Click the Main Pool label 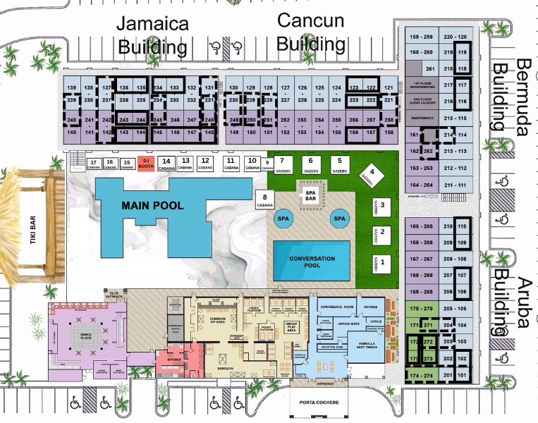click(x=152, y=206)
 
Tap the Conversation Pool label click(x=311, y=262)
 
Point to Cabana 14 click(x=166, y=164)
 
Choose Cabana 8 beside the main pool click(x=264, y=200)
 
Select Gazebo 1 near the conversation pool click(x=381, y=264)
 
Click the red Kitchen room click(x=172, y=359)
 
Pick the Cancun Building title click(x=310, y=32)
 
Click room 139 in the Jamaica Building click(x=71, y=87)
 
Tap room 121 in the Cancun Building click(x=389, y=88)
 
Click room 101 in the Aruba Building click(x=462, y=376)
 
